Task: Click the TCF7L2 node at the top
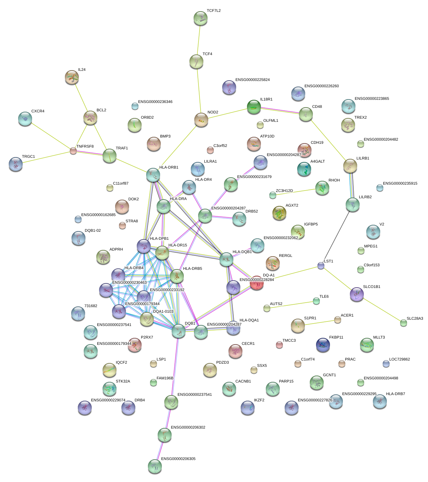click(200, 18)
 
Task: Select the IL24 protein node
click(72, 77)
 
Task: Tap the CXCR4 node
click(25, 119)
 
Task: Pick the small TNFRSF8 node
click(73, 151)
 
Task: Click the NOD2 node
click(201, 120)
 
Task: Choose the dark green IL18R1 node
click(254, 107)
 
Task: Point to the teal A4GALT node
click(304, 169)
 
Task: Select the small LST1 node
click(321, 266)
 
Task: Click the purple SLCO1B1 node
click(356, 294)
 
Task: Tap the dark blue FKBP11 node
click(323, 345)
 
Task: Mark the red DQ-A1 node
click(256, 283)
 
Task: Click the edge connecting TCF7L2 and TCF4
click(198, 40)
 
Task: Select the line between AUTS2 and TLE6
click(292, 305)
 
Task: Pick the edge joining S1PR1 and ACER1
click(318, 323)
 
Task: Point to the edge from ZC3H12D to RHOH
click(297, 191)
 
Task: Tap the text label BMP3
click(165, 136)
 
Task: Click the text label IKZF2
click(259, 400)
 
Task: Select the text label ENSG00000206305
click(178, 459)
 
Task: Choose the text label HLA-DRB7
click(396, 394)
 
